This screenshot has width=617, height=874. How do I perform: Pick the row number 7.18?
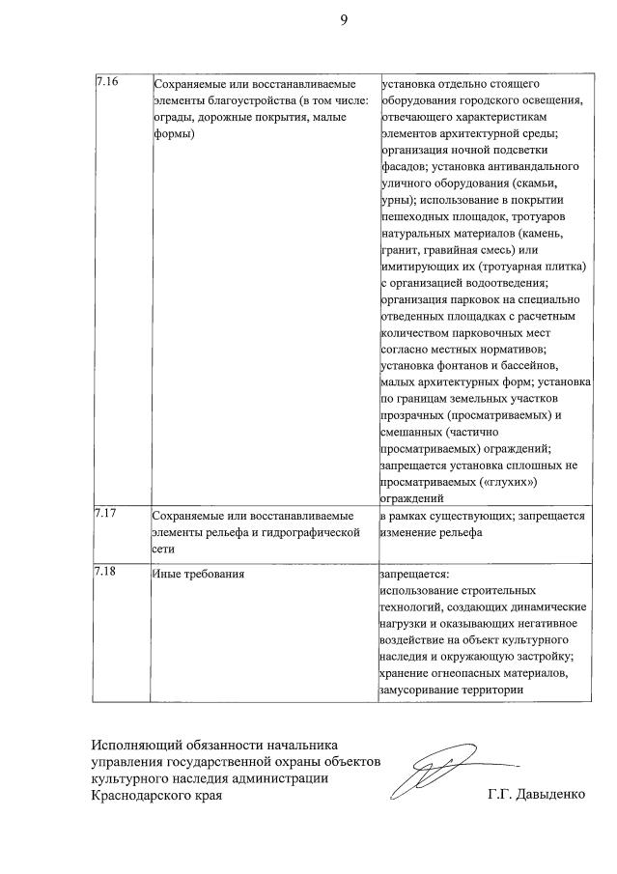point(106,572)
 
